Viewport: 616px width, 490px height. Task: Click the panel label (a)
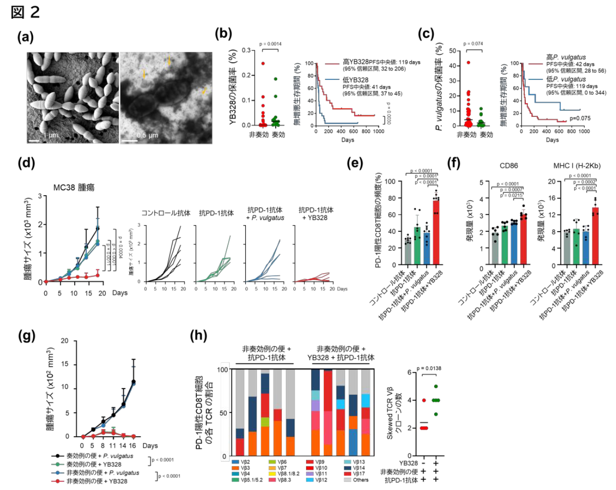25,37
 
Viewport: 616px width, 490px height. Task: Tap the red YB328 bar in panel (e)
436,232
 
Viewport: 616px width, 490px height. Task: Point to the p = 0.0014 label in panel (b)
271,44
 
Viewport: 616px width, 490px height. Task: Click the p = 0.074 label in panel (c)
473,44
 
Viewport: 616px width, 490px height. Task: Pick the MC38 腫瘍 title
74,188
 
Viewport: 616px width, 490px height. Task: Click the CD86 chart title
509,166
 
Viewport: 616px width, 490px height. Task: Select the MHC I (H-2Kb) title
577,166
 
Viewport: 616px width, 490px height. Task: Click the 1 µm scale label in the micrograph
51,135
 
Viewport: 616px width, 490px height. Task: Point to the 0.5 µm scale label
147,135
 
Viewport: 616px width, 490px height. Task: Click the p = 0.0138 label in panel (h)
429,369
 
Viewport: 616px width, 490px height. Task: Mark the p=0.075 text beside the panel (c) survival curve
580,119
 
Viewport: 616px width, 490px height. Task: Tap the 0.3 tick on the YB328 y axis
246,50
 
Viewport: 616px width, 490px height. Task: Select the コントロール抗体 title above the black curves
166,213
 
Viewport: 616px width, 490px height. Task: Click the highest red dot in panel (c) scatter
468,62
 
